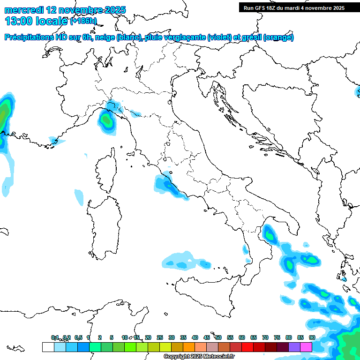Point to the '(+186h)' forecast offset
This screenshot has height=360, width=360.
83,21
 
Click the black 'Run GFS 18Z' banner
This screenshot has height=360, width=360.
294,7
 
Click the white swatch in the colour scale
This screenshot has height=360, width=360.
48,347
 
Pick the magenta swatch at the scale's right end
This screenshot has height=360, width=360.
306,347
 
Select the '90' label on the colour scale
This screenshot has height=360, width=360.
312,337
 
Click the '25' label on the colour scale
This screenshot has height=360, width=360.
160,337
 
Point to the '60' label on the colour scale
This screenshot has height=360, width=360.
242,337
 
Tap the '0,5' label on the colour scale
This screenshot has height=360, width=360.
78,337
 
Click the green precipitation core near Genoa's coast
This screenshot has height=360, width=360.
107,121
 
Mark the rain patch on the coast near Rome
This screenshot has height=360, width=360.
165,185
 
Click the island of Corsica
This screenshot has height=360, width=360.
107,169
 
